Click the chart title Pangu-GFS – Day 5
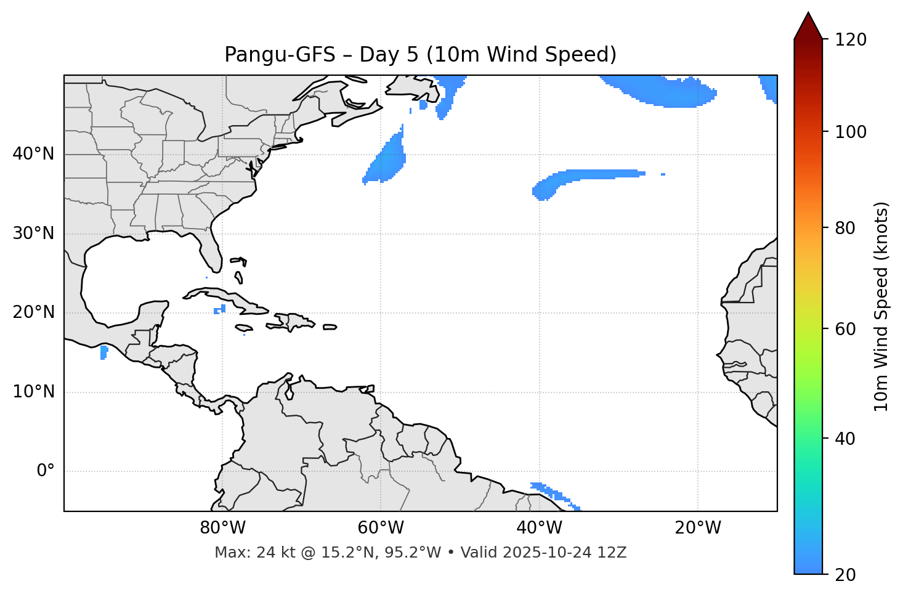point(420,55)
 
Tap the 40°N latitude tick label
point(33,154)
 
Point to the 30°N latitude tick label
point(33,234)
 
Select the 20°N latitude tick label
point(33,312)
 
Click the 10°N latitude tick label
point(33,392)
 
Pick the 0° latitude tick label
point(46,471)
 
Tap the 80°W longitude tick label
point(222,528)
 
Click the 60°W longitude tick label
point(381,528)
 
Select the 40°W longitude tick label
point(539,528)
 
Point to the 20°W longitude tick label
point(697,528)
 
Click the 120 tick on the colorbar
point(851,40)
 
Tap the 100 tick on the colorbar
point(851,132)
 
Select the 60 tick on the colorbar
point(845,329)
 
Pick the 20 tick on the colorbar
point(845,575)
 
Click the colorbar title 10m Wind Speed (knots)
point(881,306)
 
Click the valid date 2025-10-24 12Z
point(564,553)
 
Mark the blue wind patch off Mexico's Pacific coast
point(103,352)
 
